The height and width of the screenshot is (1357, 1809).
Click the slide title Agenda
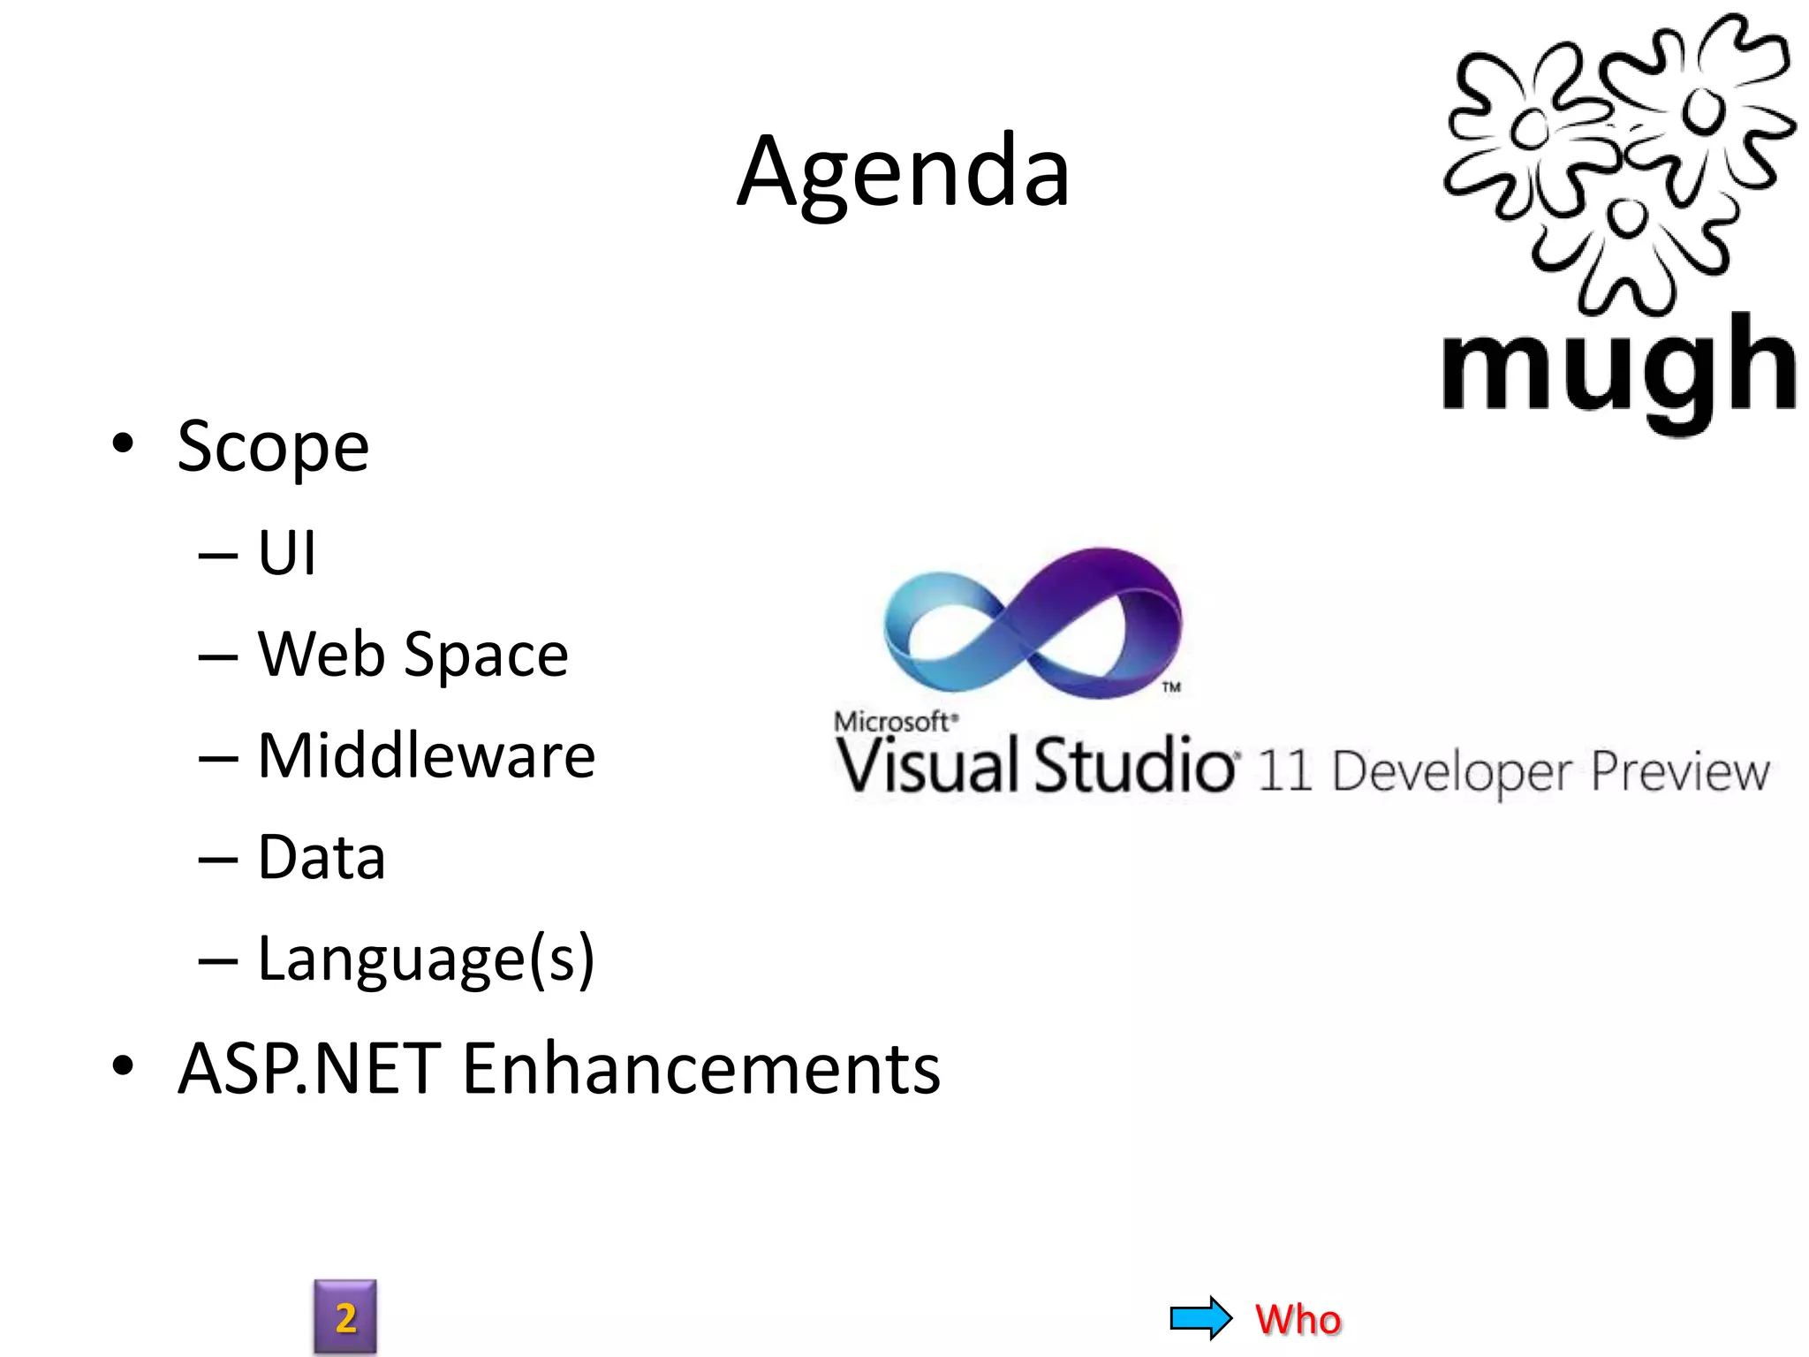[x=903, y=172]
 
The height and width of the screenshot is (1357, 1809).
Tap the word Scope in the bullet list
[x=273, y=447]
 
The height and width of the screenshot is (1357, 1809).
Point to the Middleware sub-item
[x=426, y=757]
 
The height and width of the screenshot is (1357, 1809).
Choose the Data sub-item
[x=322, y=858]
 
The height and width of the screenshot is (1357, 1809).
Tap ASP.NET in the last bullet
[x=309, y=1069]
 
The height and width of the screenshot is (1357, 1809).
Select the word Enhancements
[x=701, y=1069]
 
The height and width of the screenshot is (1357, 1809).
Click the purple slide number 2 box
[x=345, y=1317]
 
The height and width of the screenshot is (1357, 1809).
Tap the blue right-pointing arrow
[x=1200, y=1318]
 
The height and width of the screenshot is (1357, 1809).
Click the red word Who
[x=1298, y=1319]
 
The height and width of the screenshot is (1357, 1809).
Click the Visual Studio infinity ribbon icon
[x=1033, y=623]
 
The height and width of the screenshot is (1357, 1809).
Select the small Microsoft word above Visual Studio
[x=892, y=722]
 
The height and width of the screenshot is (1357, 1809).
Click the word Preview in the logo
[x=1680, y=772]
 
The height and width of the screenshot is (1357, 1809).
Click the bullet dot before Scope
[x=123, y=443]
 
